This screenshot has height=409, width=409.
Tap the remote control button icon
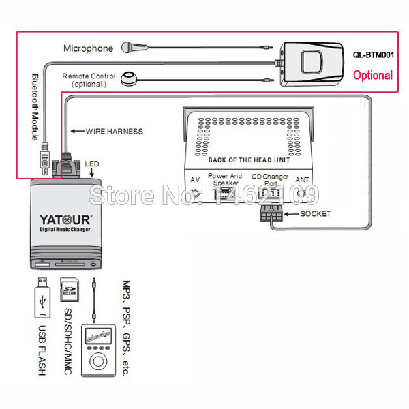point(130,80)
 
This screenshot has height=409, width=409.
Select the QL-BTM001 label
point(372,57)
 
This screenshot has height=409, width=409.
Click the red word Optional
point(372,75)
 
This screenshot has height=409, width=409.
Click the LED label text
point(91,164)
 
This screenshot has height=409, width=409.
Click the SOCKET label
point(315,213)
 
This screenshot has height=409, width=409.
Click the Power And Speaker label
point(225,179)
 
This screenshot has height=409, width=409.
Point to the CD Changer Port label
point(271,179)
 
